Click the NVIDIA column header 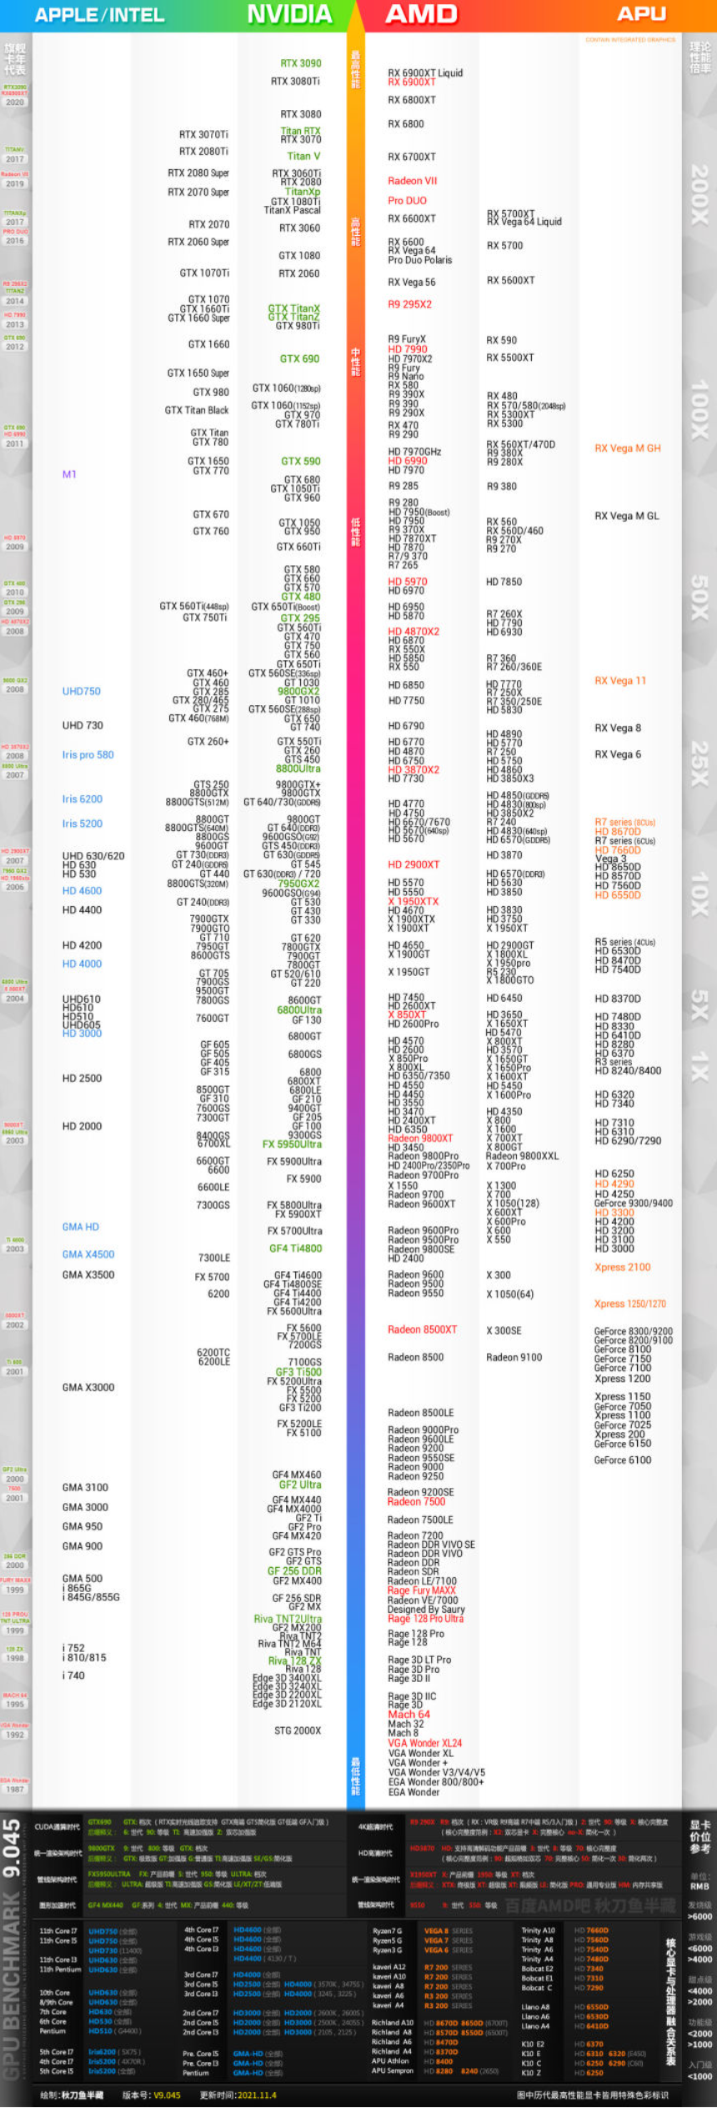tap(289, 14)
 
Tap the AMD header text tap(421, 14)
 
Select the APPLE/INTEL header tap(99, 15)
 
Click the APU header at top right tap(641, 14)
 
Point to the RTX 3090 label tap(301, 63)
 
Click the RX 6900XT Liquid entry tap(425, 73)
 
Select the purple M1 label tap(69, 474)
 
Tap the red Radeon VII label tap(412, 181)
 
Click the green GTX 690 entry tap(299, 358)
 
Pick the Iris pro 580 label tap(88, 755)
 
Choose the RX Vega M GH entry tap(627, 448)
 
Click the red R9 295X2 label tap(409, 304)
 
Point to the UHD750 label tap(81, 692)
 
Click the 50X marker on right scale tap(699, 598)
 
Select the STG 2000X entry tap(298, 1731)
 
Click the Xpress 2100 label tap(622, 1268)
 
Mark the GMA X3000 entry tap(88, 1388)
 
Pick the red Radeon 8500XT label tap(422, 1330)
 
